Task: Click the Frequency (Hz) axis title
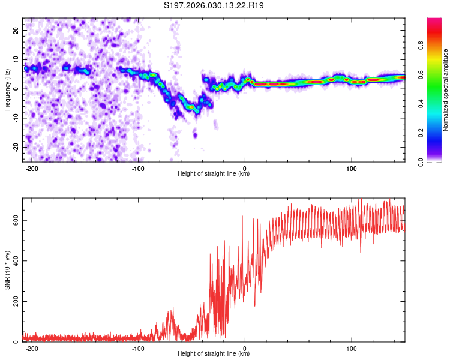tap(7, 89)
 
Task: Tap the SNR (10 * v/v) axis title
tap(7, 270)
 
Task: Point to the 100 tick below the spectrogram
tap(351, 168)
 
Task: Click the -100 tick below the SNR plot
tap(138, 347)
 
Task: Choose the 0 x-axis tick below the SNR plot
tap(245, 347)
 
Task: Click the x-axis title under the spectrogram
tap(214, 174)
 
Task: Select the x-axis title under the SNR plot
tap(214, 354)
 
